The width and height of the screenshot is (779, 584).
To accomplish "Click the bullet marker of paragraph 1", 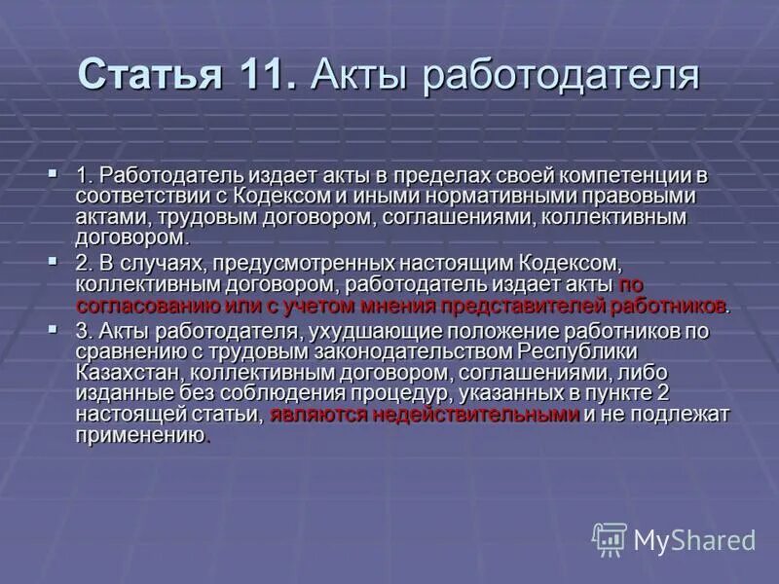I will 54,174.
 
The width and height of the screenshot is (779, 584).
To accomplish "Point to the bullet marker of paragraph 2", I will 54,261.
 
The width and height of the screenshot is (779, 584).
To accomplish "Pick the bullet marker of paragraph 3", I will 54,328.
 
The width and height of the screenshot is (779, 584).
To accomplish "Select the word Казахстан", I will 128,372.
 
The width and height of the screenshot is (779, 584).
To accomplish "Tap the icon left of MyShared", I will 610,539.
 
